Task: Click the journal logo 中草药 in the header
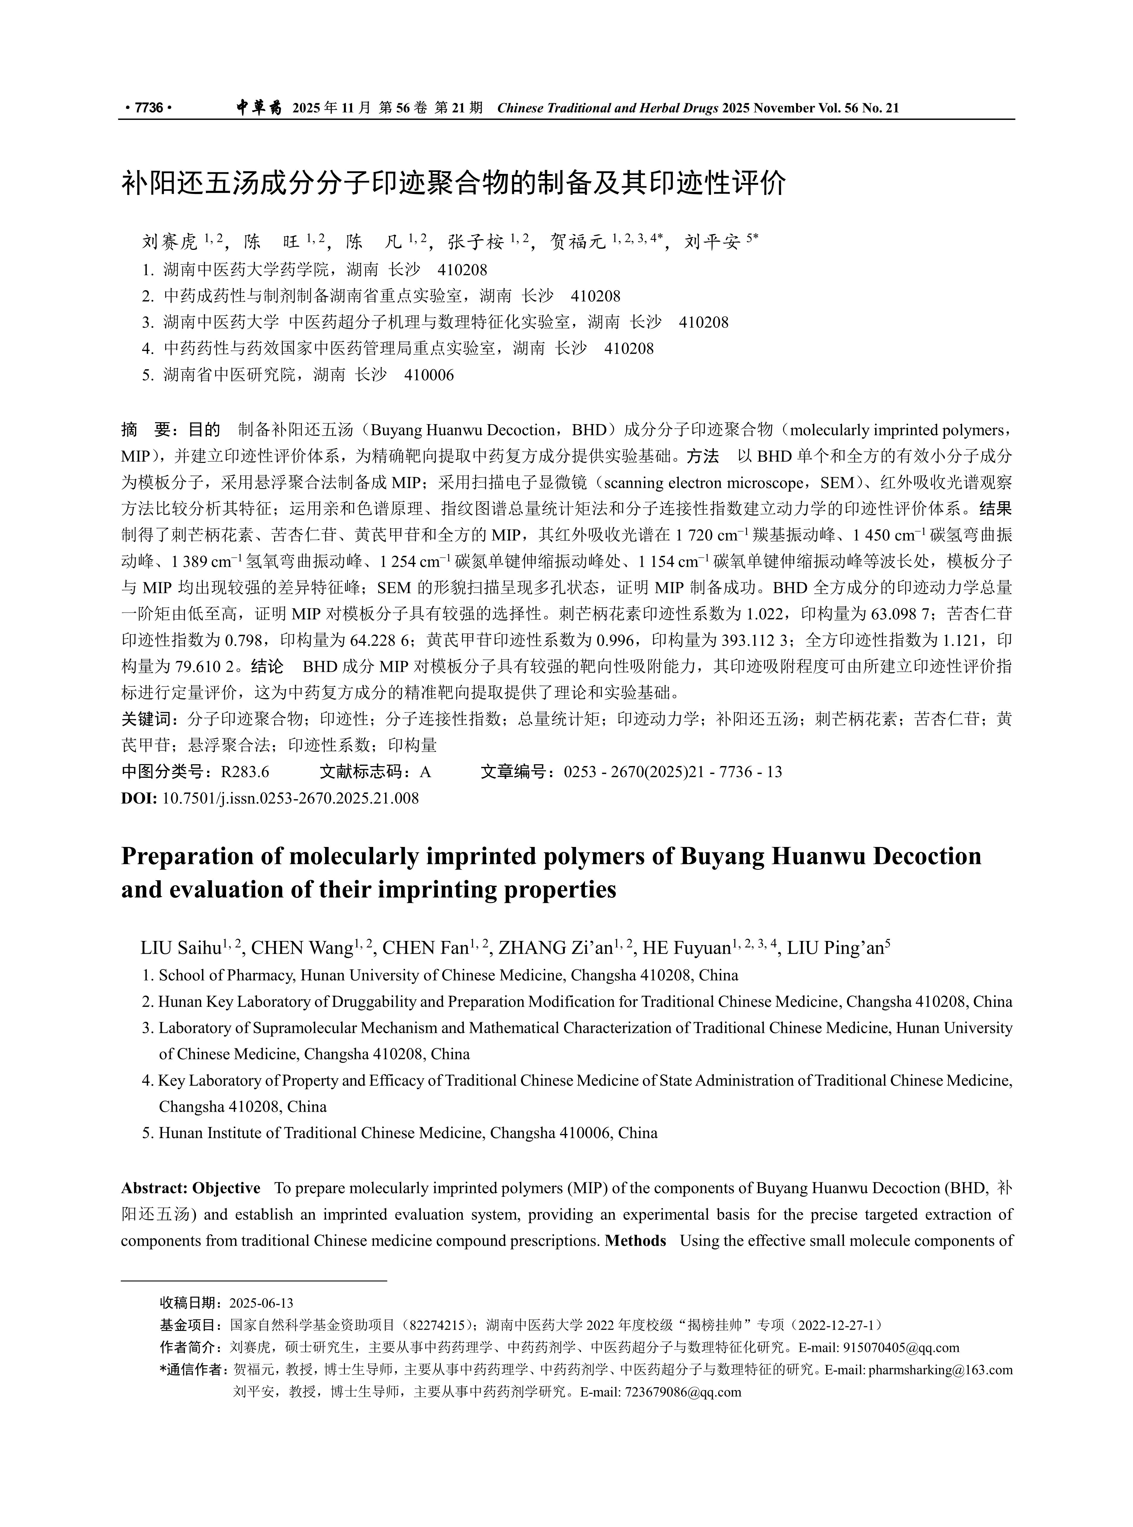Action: pos(258,108)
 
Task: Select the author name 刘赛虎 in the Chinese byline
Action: pos(170,242)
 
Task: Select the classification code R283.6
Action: pos(245,772)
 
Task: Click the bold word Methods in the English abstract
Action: pos(635,1241)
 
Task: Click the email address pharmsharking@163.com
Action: pos(940,1370)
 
